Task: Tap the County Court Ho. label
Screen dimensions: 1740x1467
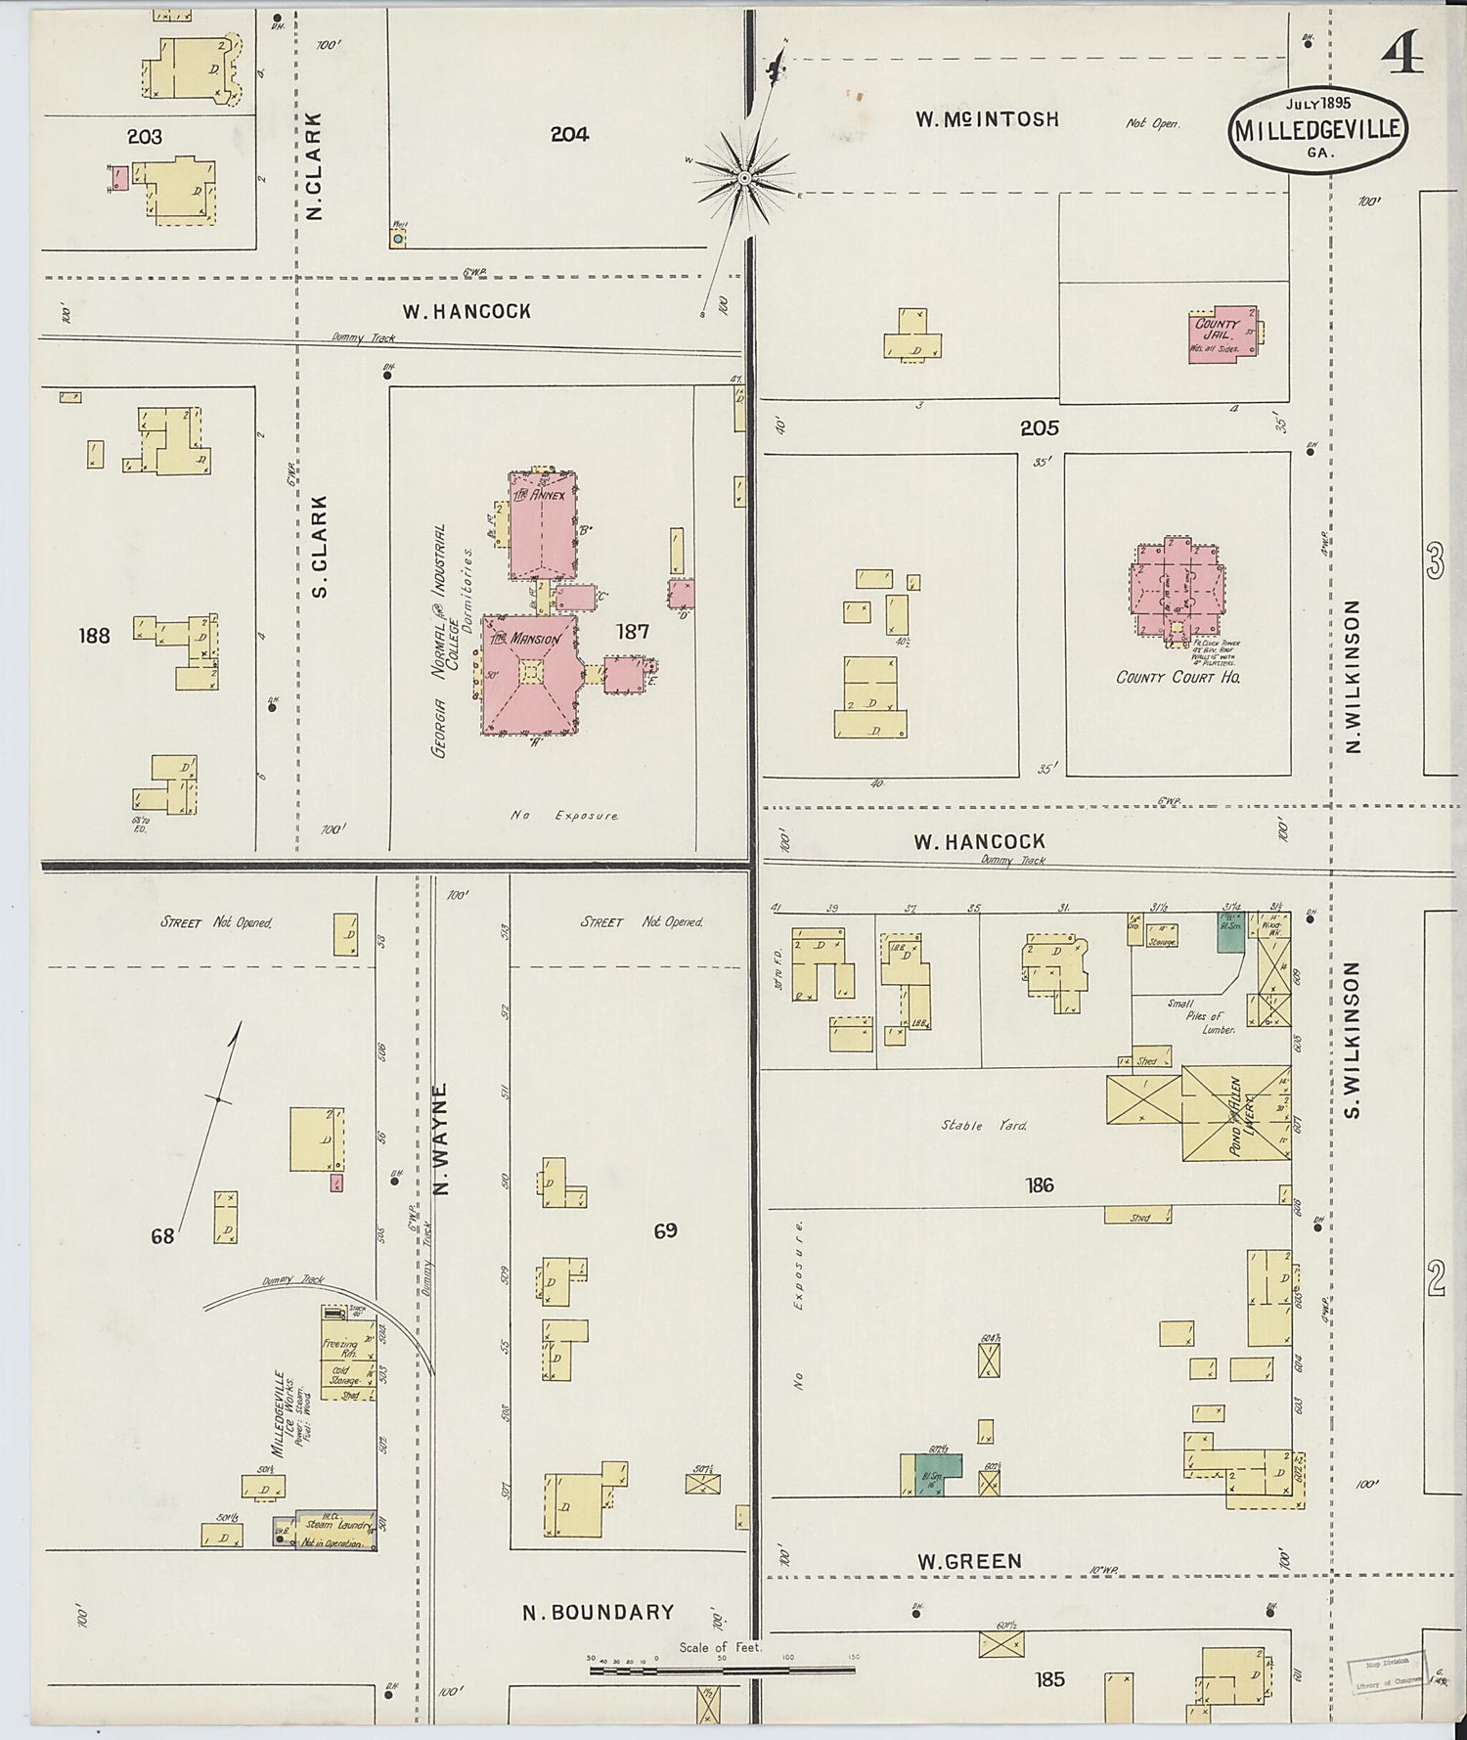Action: point(1178,677)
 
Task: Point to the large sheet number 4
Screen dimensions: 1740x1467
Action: point(1402,57)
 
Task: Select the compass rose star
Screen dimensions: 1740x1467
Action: point(744,178)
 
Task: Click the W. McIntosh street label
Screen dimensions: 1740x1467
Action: point(987,119)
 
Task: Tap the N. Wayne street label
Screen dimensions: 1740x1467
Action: point(441,1138)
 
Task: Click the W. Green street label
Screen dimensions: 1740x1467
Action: point(969,1561)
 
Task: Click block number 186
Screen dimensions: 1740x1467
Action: point(1039,1185)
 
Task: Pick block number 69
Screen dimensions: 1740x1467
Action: point(665,1230)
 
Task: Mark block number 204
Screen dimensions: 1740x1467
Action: point(569,135)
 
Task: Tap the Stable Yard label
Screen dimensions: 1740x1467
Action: point(984,1126)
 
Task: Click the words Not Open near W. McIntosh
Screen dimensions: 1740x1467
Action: point(1152,124)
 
